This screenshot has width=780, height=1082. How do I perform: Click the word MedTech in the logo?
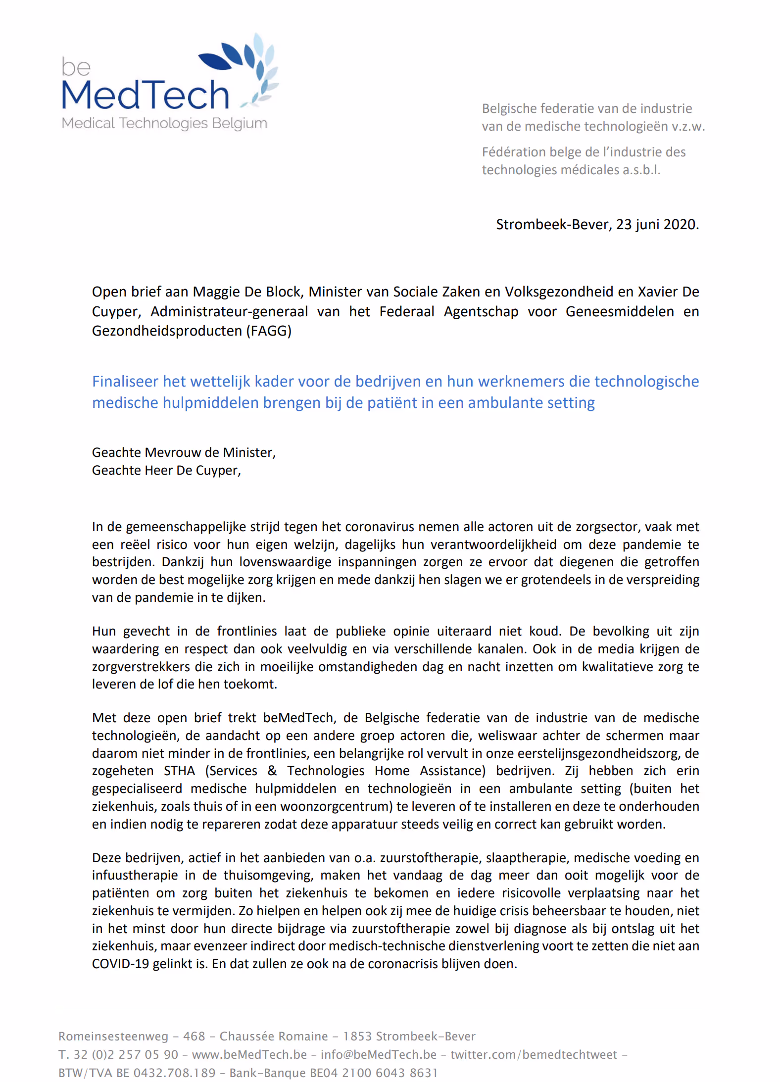pyautogui.click(x=145, y=95)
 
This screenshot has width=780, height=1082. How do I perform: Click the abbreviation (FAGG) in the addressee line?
pyautogui.click(x=269, y=331)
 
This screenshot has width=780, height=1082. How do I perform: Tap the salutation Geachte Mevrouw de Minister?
pyautogui.click(x=183, y=452)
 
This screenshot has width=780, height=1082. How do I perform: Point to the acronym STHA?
pyautogui.click(x=179, y=771)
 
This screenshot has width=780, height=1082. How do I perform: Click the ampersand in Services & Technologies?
pyautogui.click(x=272, y=771)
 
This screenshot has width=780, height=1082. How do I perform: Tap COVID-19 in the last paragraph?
pyautogui.click(x=120, y=964)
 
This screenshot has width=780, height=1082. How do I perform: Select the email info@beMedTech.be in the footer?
pyautogui.click(x=379, y=1054)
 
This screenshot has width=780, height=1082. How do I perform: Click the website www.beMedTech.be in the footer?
pyautogui.click(x=249, y=1054)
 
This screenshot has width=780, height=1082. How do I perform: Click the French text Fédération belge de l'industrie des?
pyautogui.click(x=584, y=152)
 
